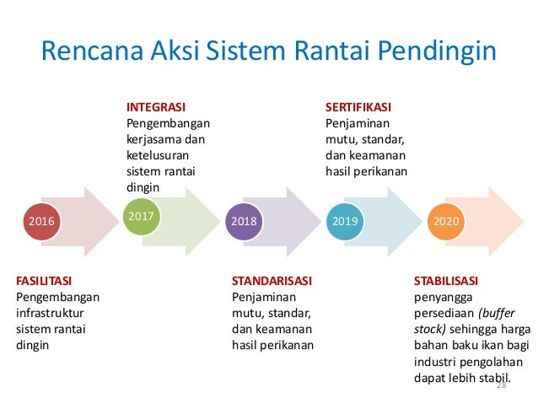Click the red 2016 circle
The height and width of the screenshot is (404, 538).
coord(40,222)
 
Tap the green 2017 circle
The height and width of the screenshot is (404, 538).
coord(142,217)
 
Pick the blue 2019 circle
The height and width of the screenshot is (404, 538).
coord(344,222)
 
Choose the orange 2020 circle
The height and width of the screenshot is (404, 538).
coord(444,222)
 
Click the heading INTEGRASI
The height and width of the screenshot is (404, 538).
coord(156,107)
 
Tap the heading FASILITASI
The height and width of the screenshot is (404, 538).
coord(45,280)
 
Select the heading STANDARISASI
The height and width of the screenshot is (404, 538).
coord(272,280)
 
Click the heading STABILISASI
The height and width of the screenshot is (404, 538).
coord(446,280)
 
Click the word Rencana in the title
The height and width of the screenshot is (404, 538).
coord(93,52)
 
